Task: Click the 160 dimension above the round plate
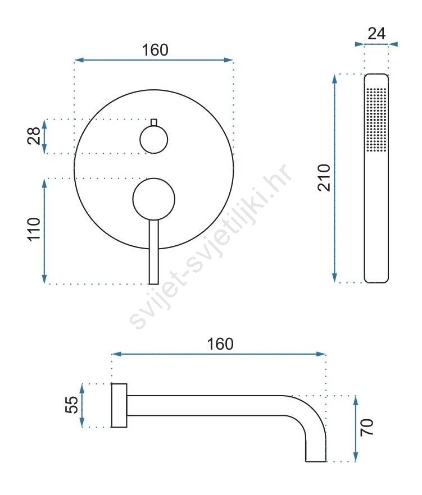(x=155, y=50)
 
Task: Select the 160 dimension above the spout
(x=220, y=344)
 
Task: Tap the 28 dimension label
(x=34, y=136)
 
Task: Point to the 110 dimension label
(x=34, y=230)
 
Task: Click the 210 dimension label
(x=324, y=178)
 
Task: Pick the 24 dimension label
(x=376, y=34)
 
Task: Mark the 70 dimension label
(x=367, y=428)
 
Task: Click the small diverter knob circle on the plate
(x=153, y=140)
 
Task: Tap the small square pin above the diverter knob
(x=154, y=122)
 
